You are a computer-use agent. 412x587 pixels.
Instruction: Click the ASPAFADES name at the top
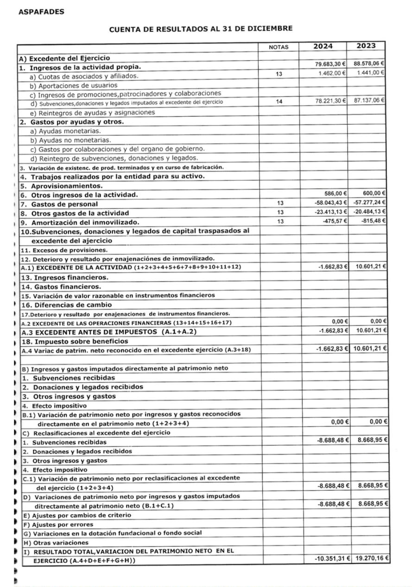tap(41, 12)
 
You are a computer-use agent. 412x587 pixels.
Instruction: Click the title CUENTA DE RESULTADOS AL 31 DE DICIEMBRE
tap(201, 29)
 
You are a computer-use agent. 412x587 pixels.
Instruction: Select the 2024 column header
tap(323, 46)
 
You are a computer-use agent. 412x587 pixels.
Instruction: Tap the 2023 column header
tap(367, 46)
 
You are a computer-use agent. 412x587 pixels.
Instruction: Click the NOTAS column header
tap(279, 47)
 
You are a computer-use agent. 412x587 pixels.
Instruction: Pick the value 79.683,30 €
tap(330, 64)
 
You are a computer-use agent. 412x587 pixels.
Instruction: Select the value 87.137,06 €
tap(370, 101)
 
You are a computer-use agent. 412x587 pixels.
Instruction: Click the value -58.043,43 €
tap(330, 202)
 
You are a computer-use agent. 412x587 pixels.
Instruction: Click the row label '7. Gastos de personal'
tap(59, 204)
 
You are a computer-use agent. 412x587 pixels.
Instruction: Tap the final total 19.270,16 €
tap(371, 559)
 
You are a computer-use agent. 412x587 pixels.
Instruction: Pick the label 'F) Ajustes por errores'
tap(58, 524)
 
